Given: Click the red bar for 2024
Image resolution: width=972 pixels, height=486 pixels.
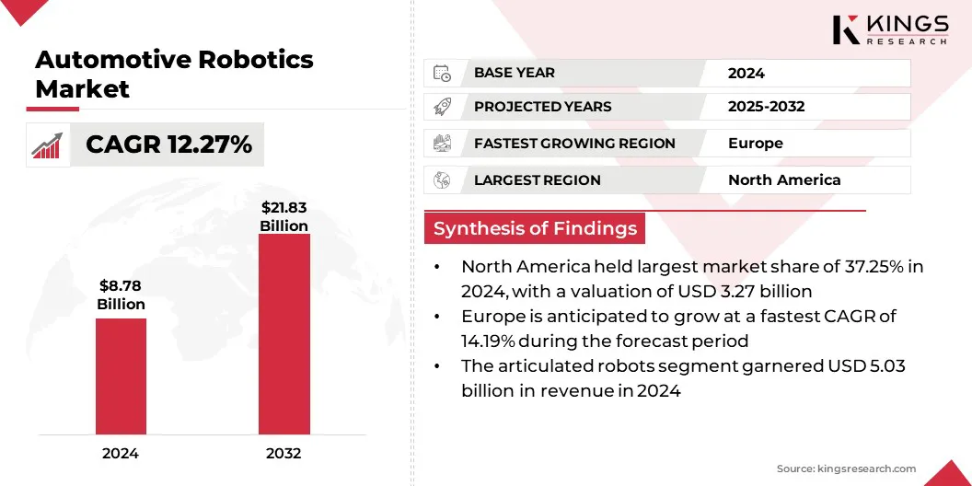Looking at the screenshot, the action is click(121, 376).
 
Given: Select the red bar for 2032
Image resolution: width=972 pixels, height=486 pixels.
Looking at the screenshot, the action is click(283, 334).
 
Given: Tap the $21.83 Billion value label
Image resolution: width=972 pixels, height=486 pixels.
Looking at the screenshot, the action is click(283, 216).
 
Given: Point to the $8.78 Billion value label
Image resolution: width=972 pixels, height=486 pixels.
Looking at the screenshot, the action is click(121, 295).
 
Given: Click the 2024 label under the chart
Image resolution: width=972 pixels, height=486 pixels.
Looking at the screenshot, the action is click(121, 453).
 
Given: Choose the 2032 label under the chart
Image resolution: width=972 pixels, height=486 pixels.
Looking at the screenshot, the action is click(283, 453).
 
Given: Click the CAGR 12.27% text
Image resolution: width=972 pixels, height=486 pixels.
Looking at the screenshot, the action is click(168, 145).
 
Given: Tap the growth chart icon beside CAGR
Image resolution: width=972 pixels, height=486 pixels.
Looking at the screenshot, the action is click(47, 145).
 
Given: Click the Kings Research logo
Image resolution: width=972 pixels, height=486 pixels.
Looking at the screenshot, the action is click(890, 29).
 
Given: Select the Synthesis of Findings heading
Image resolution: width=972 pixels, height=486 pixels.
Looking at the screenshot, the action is click(535, 228).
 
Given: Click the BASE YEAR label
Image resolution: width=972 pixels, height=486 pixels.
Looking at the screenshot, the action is click(515, 73).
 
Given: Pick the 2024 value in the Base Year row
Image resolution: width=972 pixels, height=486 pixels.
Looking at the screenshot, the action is click(746, 73).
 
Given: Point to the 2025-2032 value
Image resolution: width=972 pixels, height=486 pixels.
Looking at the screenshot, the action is click(766, 107).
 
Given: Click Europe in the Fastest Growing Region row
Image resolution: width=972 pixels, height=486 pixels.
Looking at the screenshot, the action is click(756, 144).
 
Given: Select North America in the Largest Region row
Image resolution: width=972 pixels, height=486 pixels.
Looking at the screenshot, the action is click(784, 179).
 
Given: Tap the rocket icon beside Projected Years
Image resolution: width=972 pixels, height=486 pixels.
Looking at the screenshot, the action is click(442, 107).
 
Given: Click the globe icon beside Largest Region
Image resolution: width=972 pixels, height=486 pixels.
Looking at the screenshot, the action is click(442, 179).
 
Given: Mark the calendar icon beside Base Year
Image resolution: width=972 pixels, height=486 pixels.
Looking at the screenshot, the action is click(442, 73).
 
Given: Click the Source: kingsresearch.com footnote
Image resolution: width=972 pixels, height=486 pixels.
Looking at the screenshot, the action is click(846, 469).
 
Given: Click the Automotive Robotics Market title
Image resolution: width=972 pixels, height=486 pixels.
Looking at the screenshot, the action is click(174, 75).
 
